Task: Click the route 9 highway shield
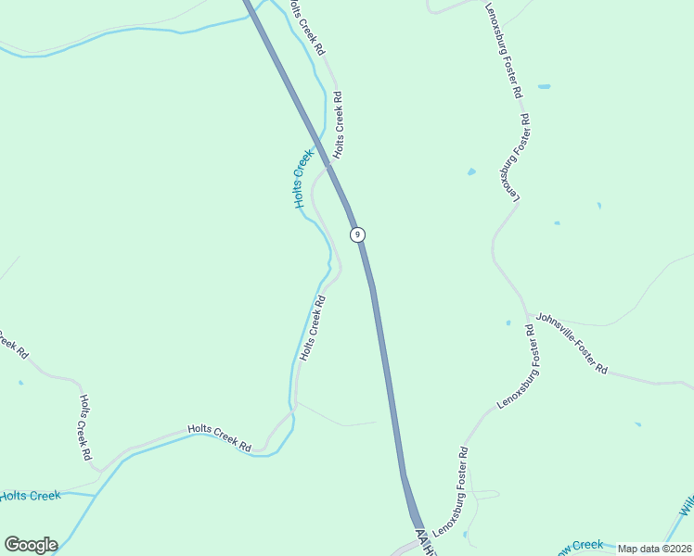(x=357, y=234)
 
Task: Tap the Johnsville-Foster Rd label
(x=572, y=342)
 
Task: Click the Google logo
(x=31, y=545)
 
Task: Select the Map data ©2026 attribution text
(x=653, y=549)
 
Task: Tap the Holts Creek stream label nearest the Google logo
(x=30, y=497)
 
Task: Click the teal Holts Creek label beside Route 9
(x=302, y=179)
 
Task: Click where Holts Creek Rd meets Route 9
(x=327, y=167)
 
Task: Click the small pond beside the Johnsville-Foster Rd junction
(x=508, y=323)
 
